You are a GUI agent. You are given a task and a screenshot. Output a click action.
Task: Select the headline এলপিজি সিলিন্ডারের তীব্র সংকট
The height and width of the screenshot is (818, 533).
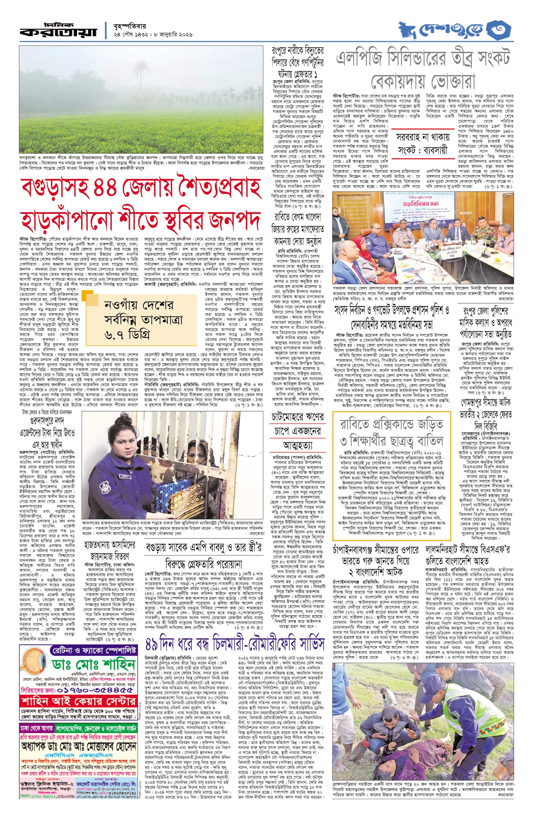[x=423, y=59]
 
